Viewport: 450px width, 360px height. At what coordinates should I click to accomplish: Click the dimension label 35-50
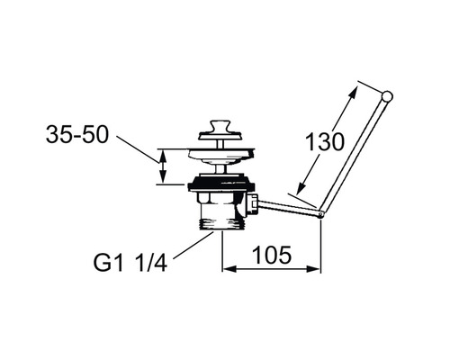click(76, 134)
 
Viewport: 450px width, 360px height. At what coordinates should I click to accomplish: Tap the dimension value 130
click(325, 141)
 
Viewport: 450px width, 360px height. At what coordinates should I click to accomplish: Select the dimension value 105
click(272, 256)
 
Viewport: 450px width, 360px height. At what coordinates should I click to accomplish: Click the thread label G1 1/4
click(130, 264)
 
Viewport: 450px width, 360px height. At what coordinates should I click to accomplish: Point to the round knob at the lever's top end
click(387, 96)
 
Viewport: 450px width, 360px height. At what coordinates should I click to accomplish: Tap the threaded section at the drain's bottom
click(222, 224)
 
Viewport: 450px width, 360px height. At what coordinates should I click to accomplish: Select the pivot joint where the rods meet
click(321, 214)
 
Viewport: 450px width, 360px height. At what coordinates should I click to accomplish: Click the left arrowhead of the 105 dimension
click(228, 269)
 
